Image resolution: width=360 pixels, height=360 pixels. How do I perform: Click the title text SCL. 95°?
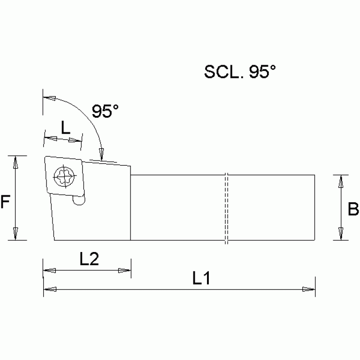239,71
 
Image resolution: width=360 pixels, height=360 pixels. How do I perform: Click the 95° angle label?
105,111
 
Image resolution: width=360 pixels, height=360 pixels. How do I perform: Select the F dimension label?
5,202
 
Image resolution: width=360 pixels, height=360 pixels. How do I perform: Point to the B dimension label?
353,209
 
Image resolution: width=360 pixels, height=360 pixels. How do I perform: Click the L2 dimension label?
89,259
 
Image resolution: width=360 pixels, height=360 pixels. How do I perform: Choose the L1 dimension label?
201,279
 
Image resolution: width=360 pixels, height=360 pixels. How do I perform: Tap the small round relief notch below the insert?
79,200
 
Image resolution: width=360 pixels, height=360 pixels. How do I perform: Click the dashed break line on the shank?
226,209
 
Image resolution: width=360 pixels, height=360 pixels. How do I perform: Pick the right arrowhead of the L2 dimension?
124,271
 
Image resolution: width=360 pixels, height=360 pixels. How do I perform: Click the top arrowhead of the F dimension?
15,162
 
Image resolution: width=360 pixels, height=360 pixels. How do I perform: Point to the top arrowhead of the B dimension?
341,181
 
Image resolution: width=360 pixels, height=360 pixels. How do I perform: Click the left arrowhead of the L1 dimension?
49,289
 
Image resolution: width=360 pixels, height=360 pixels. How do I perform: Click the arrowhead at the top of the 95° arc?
49,99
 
